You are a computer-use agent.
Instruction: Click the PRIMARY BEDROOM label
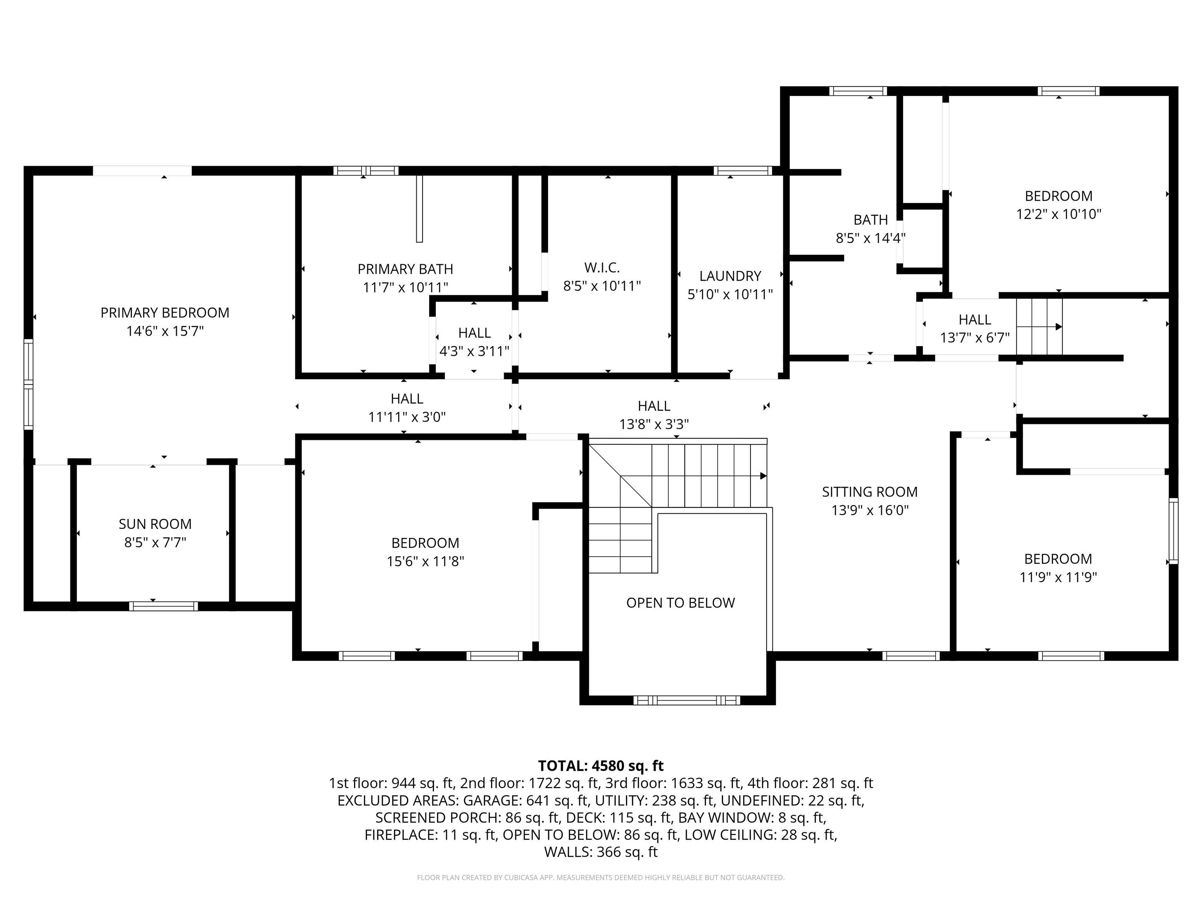tap(165, 313)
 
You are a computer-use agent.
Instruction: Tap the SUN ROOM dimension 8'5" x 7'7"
tap(155, 542)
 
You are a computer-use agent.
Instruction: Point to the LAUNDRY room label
tap(730, 276)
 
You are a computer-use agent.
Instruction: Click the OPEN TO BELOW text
tap(680, 603)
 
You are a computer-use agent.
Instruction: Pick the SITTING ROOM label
tap(869, 492)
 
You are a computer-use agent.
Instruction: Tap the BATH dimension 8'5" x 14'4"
tap(870, 238)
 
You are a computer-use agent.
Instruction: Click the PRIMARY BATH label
tap(405, 269)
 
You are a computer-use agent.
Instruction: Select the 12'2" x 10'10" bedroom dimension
tap(1058, 214)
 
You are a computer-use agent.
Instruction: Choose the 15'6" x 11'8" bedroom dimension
tap(425, 561)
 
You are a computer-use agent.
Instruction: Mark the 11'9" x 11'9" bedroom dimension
tap(1058, 577)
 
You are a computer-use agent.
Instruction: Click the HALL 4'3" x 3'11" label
tap(474, 333)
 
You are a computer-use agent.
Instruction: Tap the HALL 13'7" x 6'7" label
tap(974, 320)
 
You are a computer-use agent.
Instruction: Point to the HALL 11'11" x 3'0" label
tap(407, 399)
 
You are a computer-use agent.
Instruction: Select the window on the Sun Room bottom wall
tap(163, 606)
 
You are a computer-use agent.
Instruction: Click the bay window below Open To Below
tap(686, 700)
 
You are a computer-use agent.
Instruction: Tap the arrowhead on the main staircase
tap(763, 476)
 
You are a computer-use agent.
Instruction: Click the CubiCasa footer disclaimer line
tap(601, 878)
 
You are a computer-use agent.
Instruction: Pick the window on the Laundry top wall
tap(742, 171)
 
